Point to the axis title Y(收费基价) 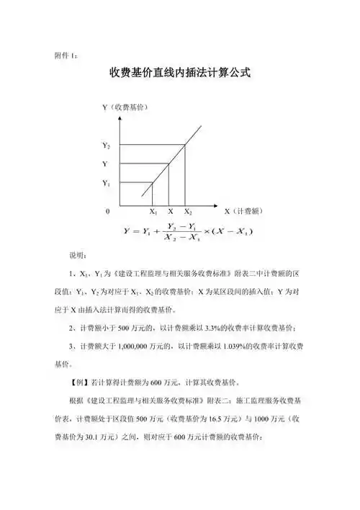click(125, 107)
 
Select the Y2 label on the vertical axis click(106, 146)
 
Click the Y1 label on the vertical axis click(106, 184)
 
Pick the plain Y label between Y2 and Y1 click(104, 164)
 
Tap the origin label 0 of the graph click(108, 212)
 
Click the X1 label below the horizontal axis click(153, 212)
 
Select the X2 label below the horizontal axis click(187, 212)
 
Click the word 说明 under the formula click(77, 256)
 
